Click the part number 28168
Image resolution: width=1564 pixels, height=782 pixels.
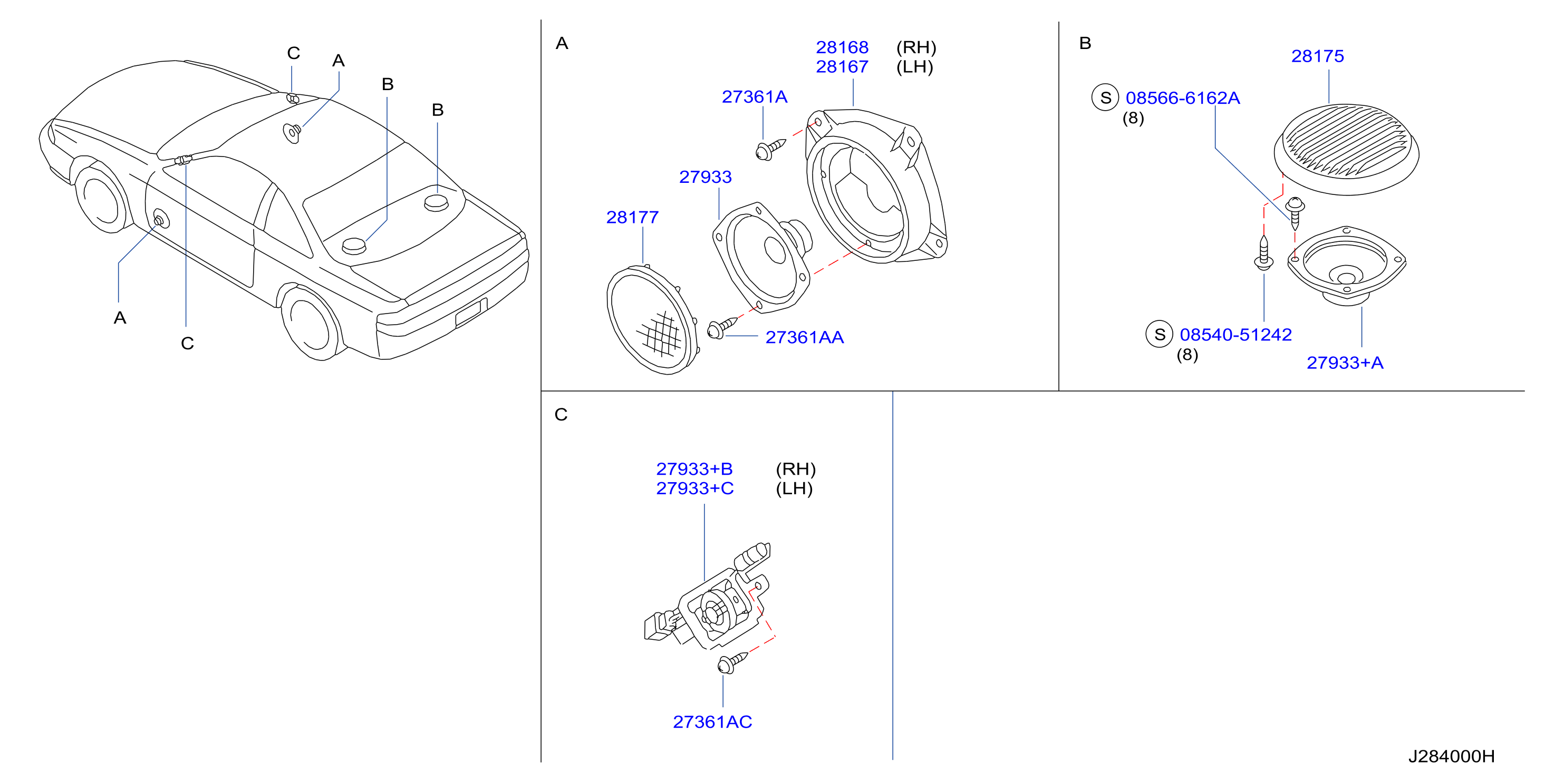842,47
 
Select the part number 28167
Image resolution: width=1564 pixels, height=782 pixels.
842,67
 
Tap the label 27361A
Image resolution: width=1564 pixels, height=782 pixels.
754,97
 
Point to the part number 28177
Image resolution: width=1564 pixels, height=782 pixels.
632,217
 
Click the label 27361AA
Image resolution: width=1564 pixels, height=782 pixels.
805,337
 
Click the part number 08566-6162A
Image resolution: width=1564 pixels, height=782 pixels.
1182,99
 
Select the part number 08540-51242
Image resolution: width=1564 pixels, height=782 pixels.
1235,335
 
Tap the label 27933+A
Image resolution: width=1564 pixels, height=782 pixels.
1344,363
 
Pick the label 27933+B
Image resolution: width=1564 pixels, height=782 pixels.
694,469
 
